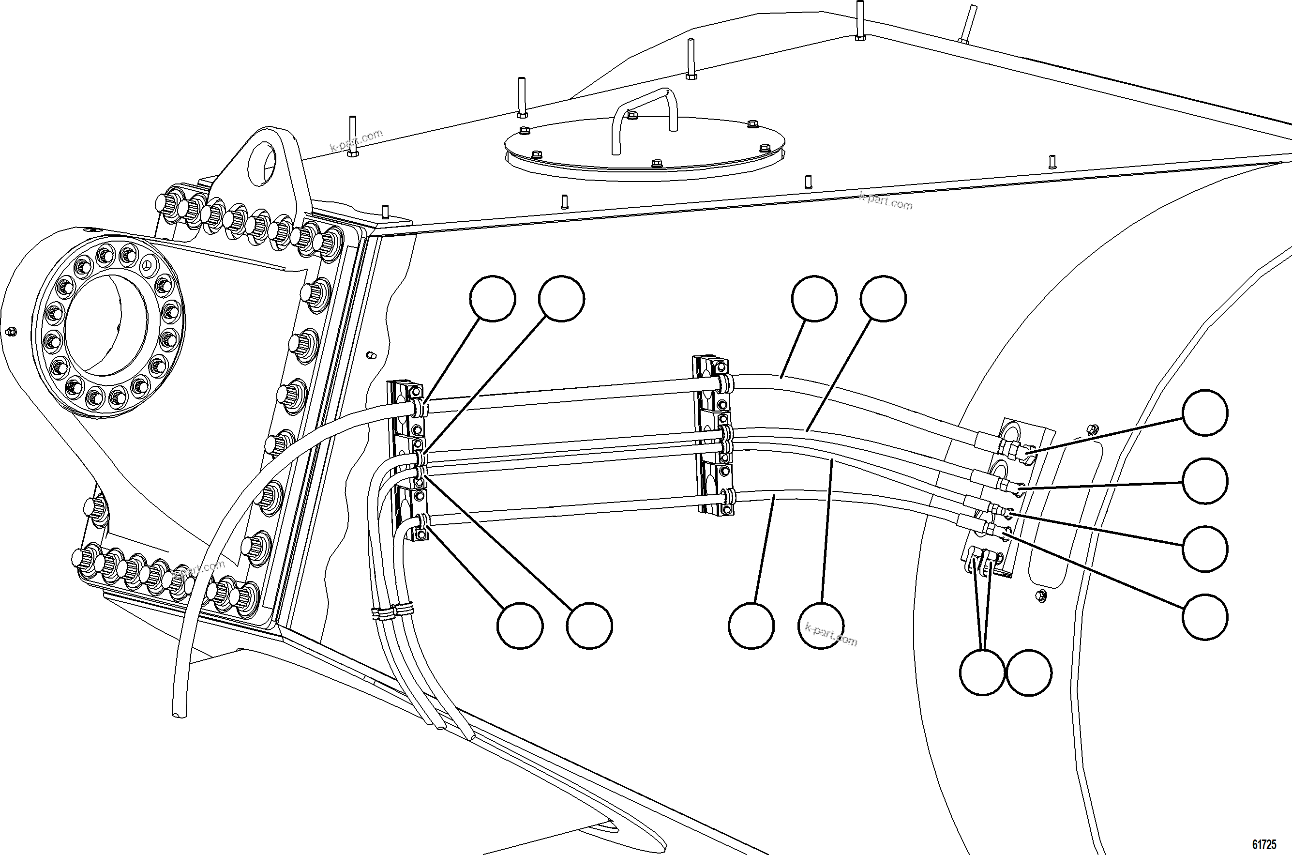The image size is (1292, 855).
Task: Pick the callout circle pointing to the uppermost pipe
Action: coord(814,299)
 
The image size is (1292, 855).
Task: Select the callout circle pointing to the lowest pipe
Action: coord(751,626)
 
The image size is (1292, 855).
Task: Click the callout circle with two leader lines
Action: coord(982,672)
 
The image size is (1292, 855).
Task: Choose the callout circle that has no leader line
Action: coord(1029,672)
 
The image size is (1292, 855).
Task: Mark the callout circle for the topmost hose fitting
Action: coord(1205,413)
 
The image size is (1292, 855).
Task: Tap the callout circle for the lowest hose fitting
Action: coord(1205,617)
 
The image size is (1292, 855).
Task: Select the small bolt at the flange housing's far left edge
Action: coord(9,332)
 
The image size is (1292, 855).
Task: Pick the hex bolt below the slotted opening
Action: coord(1040,595)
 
